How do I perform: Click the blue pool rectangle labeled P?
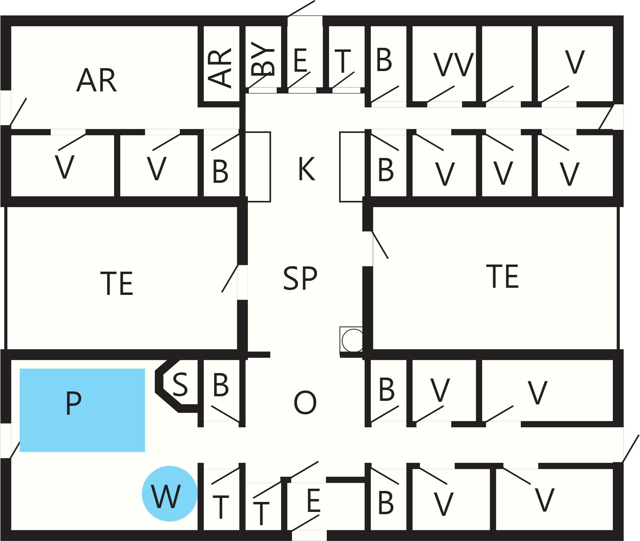click(82, 410)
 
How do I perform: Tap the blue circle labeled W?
click(170, 494)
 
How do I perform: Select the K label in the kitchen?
click(306, 169)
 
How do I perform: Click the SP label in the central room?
click(300, 278)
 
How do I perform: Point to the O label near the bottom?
click(305, 402)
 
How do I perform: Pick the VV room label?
click(453, 65)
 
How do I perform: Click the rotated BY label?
click(262, 59)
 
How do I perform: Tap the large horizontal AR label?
click(96, 80)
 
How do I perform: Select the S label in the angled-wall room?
click(180, 384)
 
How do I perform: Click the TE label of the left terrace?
click(117, 284)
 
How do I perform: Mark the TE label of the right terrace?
click(502, 276)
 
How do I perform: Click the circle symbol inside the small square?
click(353, 340)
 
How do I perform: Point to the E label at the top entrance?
click(300, 60)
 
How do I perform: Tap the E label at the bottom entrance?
click(314, 500)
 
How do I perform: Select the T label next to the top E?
click(343, 61)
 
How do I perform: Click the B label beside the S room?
click(221, 385)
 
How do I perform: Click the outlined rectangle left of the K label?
click(258, 167)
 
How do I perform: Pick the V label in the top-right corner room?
click(575, 62)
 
